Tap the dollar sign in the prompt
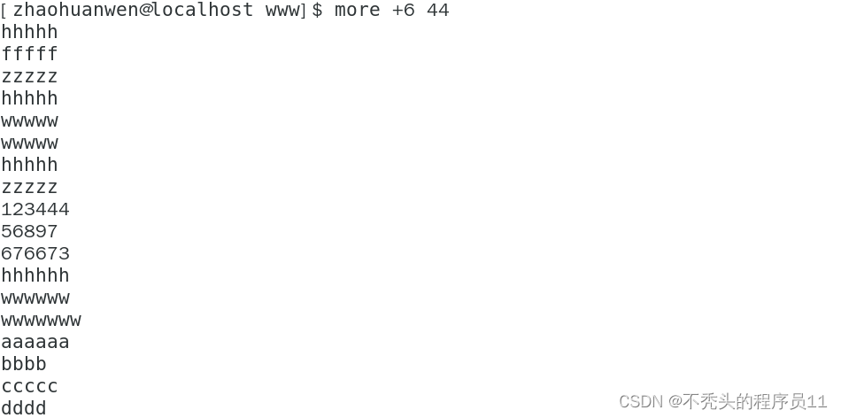317,11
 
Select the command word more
357,11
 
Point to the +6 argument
403,11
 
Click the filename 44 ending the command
437,11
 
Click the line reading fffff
29,55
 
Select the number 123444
35,210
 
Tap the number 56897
29,232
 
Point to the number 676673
35,254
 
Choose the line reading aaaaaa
35,343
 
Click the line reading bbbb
24,365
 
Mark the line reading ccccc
29,387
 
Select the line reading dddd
24,408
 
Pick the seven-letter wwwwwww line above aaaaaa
41,321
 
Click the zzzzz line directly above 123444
29,188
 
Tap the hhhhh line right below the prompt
29,33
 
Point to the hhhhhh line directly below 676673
35,276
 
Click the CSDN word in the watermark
641,402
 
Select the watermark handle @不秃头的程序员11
748,402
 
